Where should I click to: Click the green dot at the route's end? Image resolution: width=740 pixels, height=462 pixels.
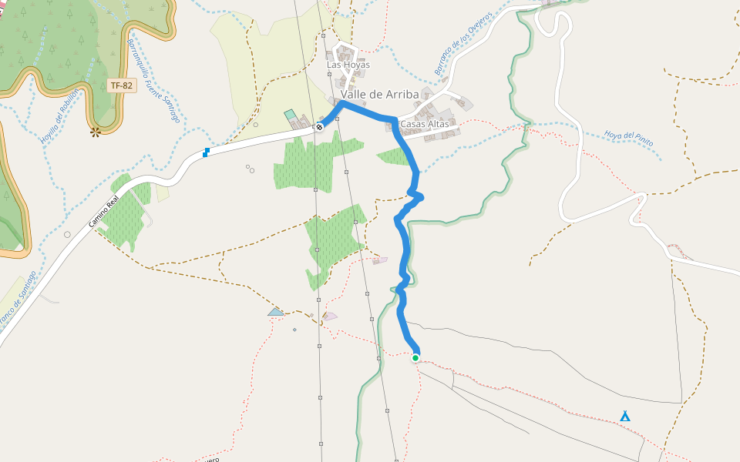415,357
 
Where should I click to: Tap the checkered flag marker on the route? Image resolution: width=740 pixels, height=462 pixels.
319,127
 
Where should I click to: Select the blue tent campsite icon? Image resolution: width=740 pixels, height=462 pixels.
625,417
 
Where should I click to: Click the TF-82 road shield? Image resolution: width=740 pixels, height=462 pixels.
122,86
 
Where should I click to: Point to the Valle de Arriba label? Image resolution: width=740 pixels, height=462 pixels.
380,95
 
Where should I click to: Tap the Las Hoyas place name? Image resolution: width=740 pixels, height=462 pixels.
348,65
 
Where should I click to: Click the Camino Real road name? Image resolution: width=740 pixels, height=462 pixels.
103,211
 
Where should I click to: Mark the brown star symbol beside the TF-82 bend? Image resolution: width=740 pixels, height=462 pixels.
96,132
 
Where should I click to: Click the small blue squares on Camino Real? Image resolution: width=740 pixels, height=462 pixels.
206,152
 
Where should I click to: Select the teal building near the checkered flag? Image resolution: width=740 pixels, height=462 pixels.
290,115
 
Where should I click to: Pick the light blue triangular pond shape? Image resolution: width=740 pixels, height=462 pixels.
275,312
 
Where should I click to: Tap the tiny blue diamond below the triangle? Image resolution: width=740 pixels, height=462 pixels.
294,330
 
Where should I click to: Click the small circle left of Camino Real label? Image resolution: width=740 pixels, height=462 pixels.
68,234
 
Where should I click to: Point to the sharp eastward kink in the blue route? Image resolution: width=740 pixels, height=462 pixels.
421,198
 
